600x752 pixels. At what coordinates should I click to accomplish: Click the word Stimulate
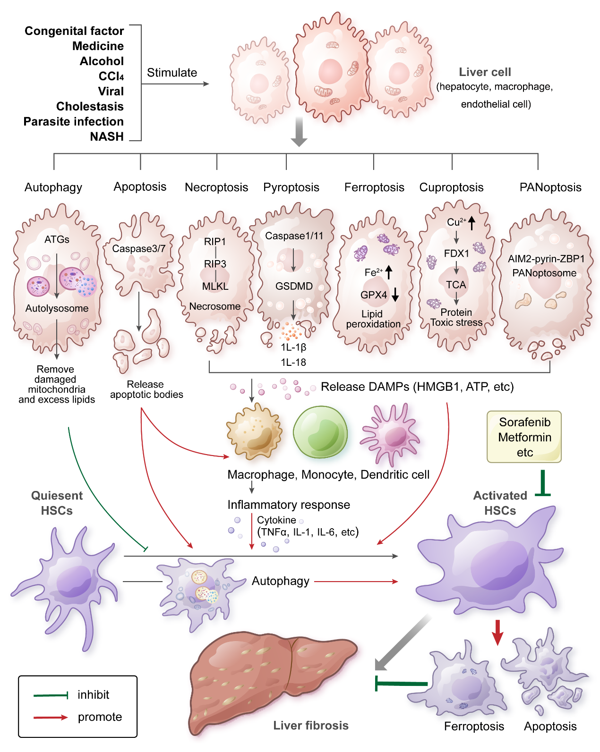click(172, 73)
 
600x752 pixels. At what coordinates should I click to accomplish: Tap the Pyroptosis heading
click(291, 187)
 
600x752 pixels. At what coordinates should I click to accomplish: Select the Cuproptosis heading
click(451, 187)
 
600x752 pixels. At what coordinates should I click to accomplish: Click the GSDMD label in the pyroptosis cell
click(294, 286)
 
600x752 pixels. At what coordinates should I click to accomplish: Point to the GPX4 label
click(374, 295)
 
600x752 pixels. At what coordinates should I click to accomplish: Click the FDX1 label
click(456, 253)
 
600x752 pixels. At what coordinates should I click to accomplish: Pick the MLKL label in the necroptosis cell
click(215, 286)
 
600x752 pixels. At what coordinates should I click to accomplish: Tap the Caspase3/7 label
click(138, 248)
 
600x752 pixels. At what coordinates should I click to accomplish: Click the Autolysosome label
click(57, 308)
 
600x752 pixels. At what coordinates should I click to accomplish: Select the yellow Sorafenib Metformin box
click(524, 437)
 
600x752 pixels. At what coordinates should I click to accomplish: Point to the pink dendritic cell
click(390, 434)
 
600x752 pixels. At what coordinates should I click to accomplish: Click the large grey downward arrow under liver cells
click(299, 132)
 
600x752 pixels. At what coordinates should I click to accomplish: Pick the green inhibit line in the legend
click(51, 695)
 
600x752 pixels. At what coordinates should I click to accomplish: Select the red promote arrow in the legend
click(51, 718)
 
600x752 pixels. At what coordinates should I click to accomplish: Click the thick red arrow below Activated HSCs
click(497, 632)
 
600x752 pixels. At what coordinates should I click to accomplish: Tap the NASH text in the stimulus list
click(107, 136)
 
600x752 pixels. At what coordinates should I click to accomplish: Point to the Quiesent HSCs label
click(57, 503)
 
